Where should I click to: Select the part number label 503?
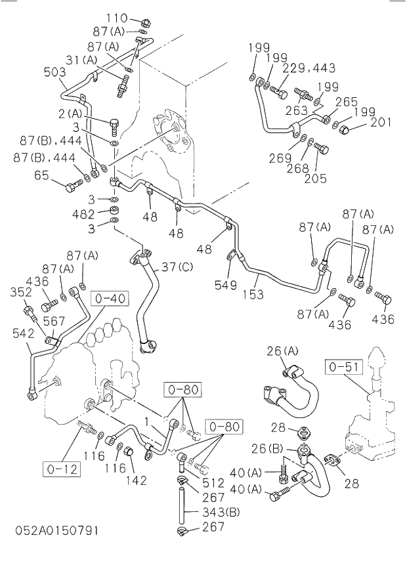point(54,72)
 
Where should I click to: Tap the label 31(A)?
point(81,60)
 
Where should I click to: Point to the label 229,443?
point(309,68)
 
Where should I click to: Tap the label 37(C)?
point(177,266)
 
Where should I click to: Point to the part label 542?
point(24,333)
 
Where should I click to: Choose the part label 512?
point(213,482)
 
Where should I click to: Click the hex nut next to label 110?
point(146,21)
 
